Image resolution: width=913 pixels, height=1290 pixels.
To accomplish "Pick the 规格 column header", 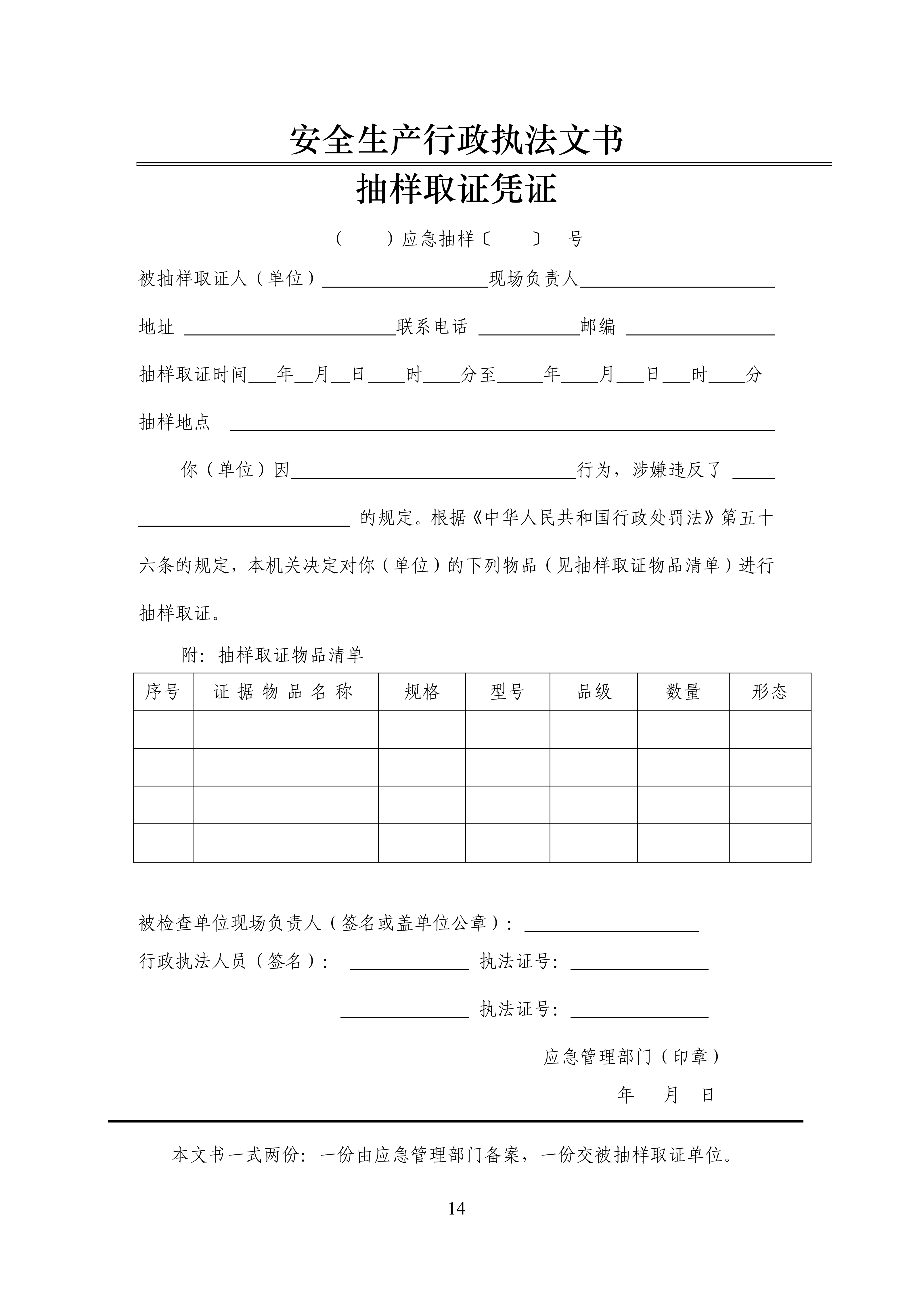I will click(422, 692).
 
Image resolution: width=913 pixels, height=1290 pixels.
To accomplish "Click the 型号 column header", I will click(507, 692).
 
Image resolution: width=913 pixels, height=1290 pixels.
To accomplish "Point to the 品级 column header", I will click(594, 692).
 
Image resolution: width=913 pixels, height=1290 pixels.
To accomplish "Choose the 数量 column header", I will click(683, 692).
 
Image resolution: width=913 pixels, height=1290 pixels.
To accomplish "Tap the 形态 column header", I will click(770, 692).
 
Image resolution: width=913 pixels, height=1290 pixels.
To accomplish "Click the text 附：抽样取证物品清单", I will click(273, 654).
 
